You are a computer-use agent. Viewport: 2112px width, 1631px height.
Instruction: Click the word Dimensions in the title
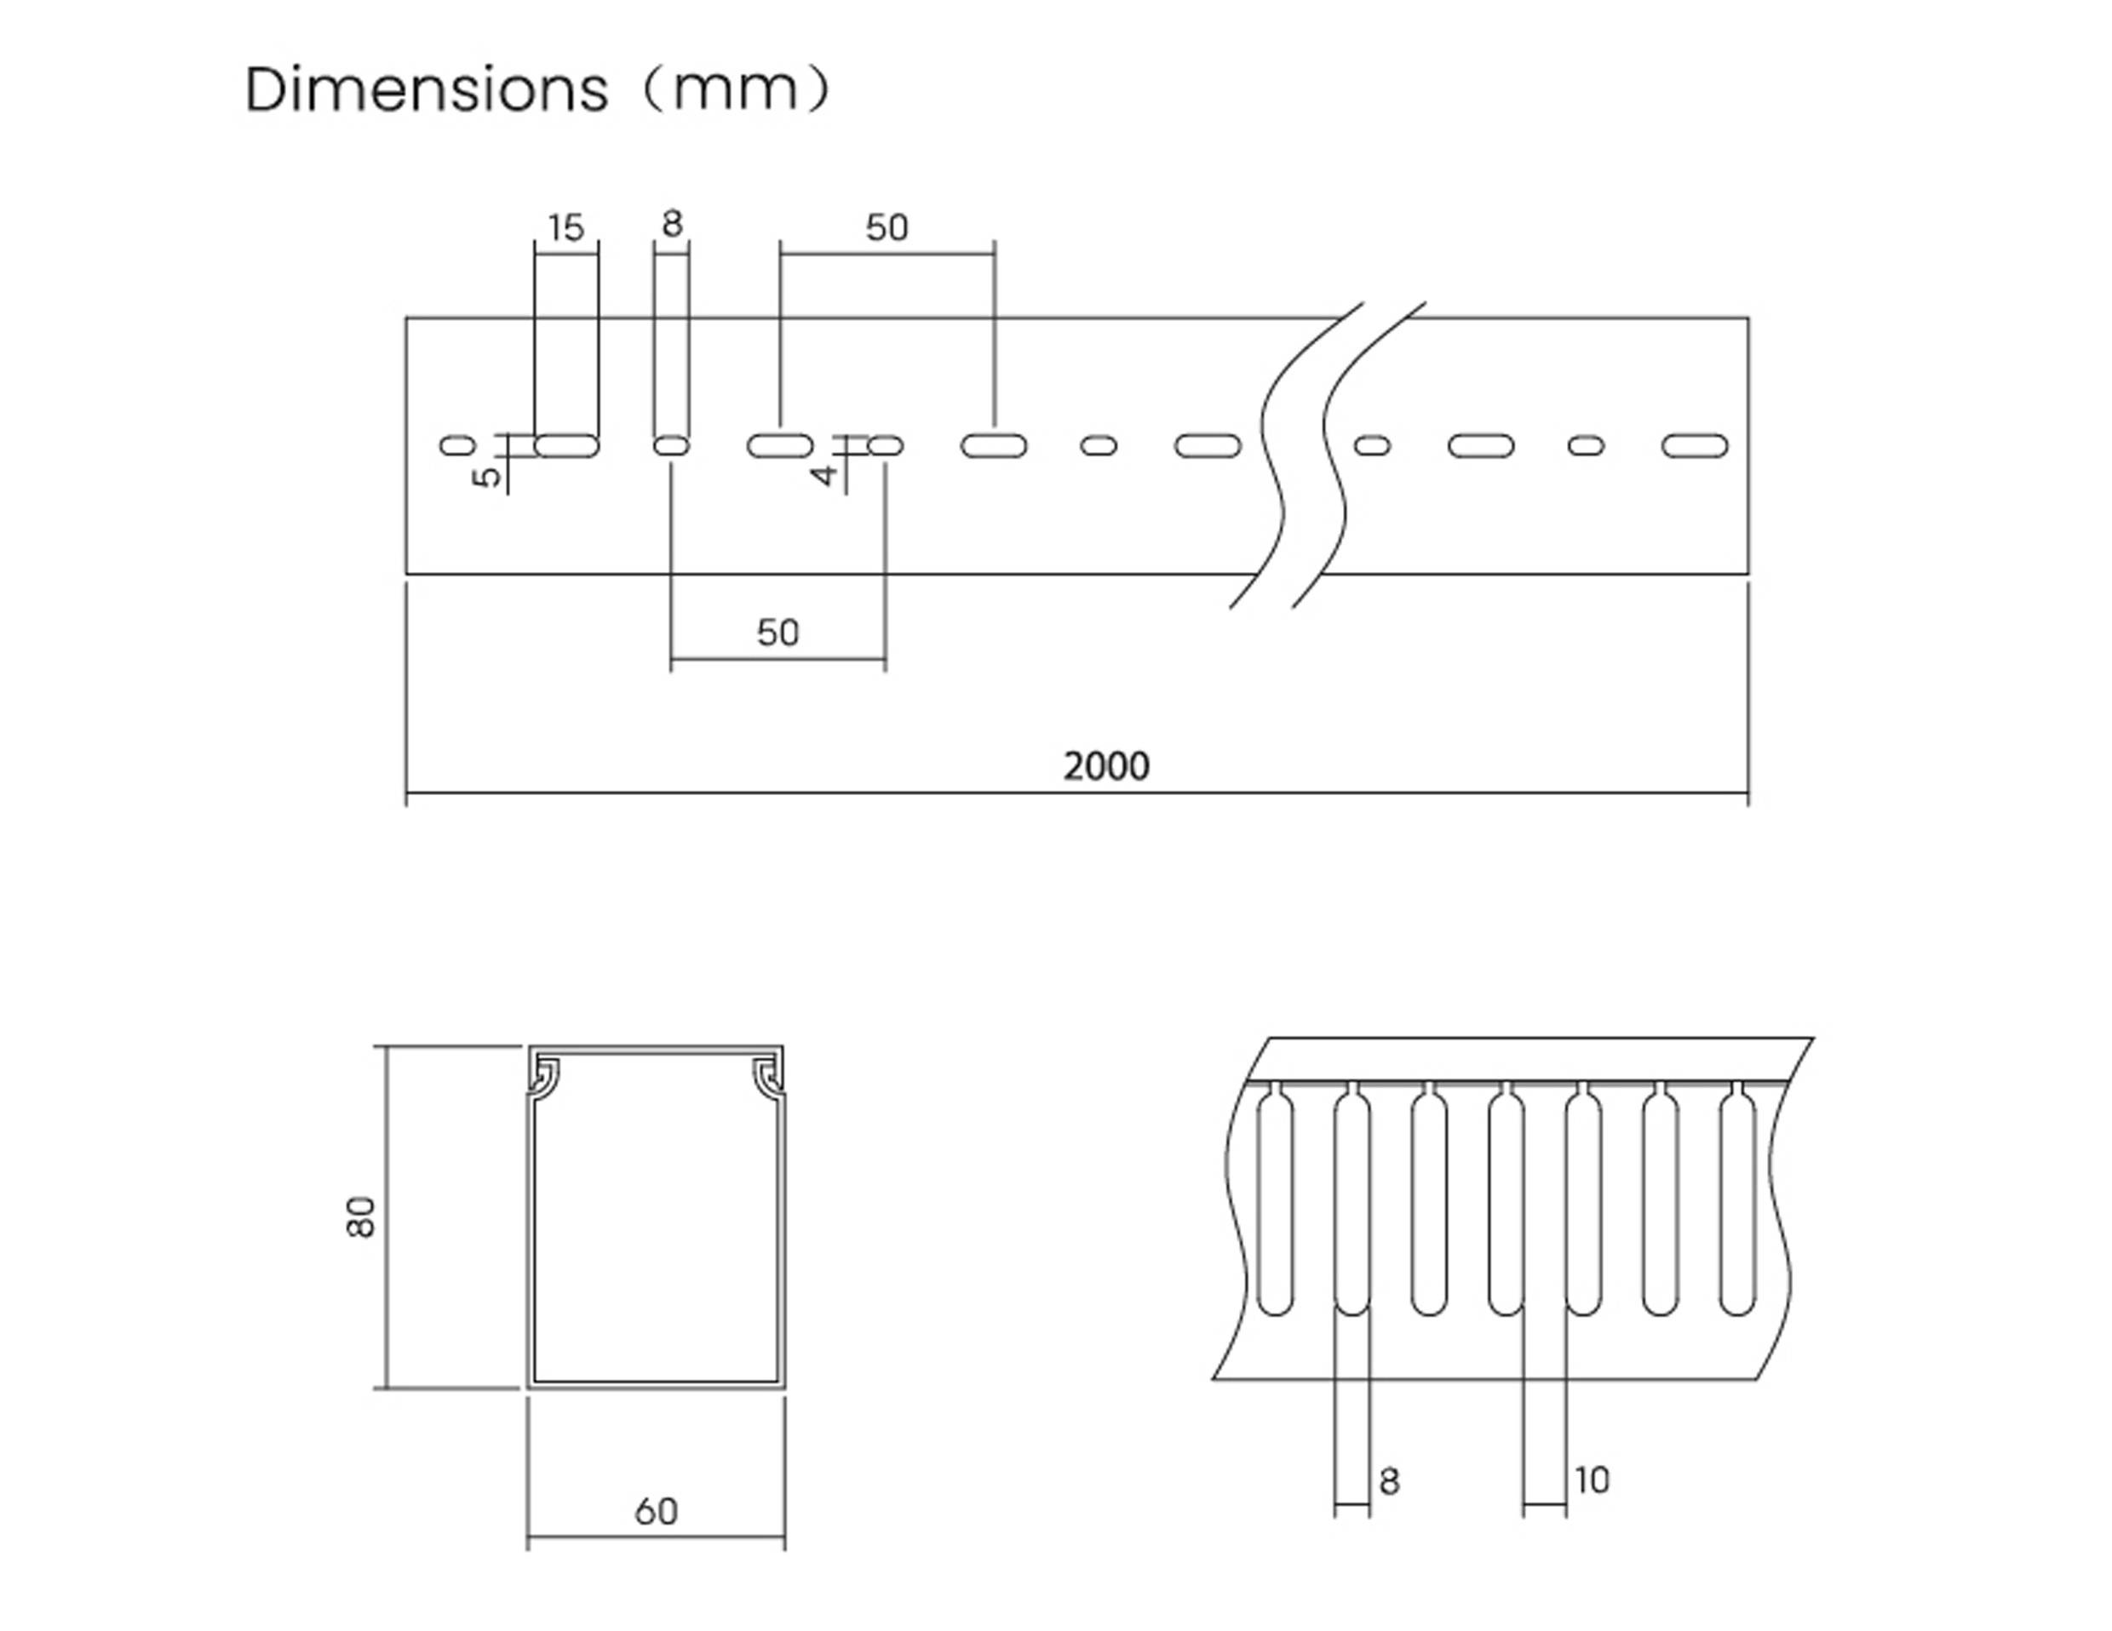(x=427, y=90)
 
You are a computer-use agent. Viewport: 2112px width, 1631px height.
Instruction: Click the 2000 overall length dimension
(x=1106, y=767)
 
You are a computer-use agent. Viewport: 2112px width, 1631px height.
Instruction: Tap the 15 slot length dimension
(x=565, y=228)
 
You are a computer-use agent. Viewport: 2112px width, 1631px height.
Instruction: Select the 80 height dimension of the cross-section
(x=362, y=1216)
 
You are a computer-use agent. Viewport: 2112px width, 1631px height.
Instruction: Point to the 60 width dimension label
(x=656, y=1512)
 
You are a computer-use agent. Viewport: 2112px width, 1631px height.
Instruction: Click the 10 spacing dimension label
(x=1592, y=1480)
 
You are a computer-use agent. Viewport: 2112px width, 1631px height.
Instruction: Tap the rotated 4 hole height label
(x=824, y=475)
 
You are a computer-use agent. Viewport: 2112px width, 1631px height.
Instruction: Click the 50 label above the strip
(x=887, y=228)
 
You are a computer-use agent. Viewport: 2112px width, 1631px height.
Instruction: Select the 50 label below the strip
(x=778, y=633)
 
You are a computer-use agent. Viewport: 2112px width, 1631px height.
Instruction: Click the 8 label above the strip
(x=672, y=224)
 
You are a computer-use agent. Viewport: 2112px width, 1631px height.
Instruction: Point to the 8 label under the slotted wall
(x=1389, y=1481)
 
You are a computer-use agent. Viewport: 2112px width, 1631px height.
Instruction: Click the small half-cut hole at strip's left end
(x=457, y=446)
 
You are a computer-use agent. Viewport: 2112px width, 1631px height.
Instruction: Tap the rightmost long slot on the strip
(x=1694, y=446)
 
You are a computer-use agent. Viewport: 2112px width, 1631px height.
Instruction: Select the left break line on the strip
(x=1294, y=455)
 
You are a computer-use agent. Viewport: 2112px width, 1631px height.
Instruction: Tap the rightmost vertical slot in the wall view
(x=1738, y=1199)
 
